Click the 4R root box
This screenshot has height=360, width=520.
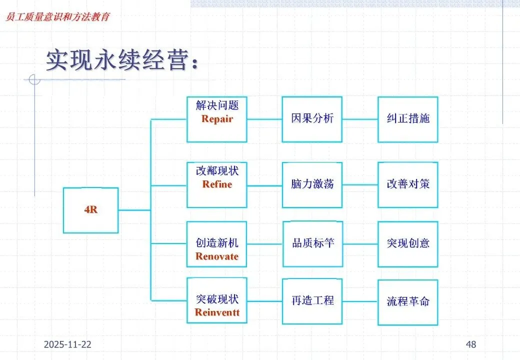[x=90, y=210]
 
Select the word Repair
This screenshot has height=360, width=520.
[x=217, y=119]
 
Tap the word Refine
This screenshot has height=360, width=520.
[x=217, y=184]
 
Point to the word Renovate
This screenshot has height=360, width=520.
[x=217, y=256]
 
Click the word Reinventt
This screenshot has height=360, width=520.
[x=217, y=312]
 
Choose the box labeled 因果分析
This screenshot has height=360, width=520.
[x=312, y=119]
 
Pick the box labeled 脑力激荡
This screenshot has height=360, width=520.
[x=312, y=184]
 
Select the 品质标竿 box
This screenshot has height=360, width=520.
[x=312, y=244]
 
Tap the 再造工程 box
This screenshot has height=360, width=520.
[x=312, y=300]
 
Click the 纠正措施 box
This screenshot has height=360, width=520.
[x=408, y=119]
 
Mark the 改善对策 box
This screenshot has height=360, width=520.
[x=408, y=184]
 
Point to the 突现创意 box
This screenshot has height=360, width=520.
[x=408, y=244]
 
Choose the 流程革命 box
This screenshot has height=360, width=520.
[x=408, y=301]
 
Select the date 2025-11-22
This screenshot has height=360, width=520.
[x=67, y=344]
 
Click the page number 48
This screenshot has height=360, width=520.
[x=470, y=344]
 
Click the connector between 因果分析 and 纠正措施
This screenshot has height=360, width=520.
[x=360, y=119]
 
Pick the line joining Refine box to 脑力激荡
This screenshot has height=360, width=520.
[x=264, y=185]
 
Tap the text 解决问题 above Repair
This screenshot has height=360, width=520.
[x=217, y=106]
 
